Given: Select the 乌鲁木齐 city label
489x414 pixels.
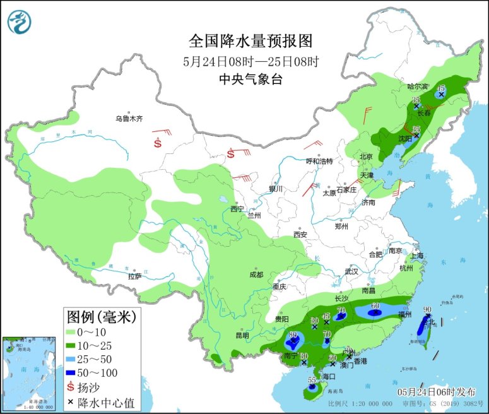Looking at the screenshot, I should coord(129,118).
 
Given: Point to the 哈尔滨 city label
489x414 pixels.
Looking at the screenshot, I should coord(417,86).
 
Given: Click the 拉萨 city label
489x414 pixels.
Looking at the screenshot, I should coord(134,276).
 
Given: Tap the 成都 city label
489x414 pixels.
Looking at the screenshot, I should coord(256,275).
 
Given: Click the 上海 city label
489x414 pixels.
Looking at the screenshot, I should coord(416,256).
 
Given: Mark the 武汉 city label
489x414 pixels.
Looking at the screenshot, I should coord(351,271).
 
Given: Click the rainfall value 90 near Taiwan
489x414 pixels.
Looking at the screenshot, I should coord(427,309).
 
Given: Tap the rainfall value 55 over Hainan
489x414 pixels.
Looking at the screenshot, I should coord(311,380).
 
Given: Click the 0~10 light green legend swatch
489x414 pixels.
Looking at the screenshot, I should coord(72,331).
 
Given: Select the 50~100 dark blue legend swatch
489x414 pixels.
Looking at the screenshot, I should coord(72,372).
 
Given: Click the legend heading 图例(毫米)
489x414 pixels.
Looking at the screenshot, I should coord(102,316).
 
